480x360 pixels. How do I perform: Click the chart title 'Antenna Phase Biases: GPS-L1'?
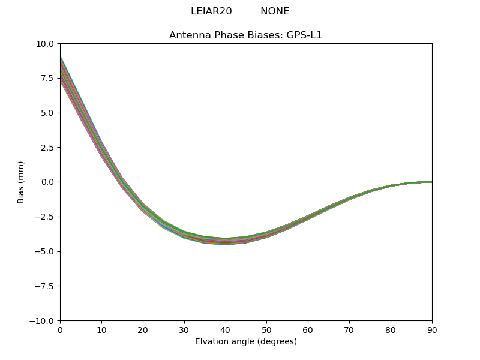pyautogui.click(x=245, y=35)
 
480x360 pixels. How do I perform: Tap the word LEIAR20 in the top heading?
pyautogui.click(x=211, y=11)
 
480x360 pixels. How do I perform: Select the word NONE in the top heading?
pyautogui.click(x=275, y=11)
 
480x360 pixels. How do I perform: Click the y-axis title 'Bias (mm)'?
pyautogui.click(x=21, y=182)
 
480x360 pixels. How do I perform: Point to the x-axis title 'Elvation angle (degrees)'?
pyautogui.click(x=246, y=341)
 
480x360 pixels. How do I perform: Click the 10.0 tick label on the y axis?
pyautogui.click(x=45, y=44)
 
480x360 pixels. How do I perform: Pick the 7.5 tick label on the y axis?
pyautogui.click(x=47, y=78)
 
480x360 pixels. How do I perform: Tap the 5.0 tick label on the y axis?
pyautogui.click(x=47, y=113)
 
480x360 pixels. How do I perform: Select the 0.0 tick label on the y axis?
pyautogui.click(x=47, y=182)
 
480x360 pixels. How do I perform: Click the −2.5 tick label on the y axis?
pyautogui.click(x=44, y=217)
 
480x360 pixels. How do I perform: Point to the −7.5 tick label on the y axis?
pyautogui.click(x=44, y=286)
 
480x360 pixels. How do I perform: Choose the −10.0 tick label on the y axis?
pyautogui.click(x=42, y=320)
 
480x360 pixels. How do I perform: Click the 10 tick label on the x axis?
pyautogui.click(x=101, y=329)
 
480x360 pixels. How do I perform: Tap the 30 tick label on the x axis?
pyautogui.click(x=184, y=329)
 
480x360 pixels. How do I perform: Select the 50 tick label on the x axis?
pyautogui.click(x=266, y=329)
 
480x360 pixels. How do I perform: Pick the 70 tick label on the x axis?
pyautogui.click(x=349, y=329)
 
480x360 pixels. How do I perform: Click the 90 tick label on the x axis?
pyautogui.click(x=431, y=329)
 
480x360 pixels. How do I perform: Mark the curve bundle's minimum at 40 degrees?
pyautogui.click(x=226, y=241)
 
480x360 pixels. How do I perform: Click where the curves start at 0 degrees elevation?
pyautogui.click(x=61, y=69)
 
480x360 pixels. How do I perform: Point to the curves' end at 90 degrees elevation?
pyautogui.click(x=431, y=182)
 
